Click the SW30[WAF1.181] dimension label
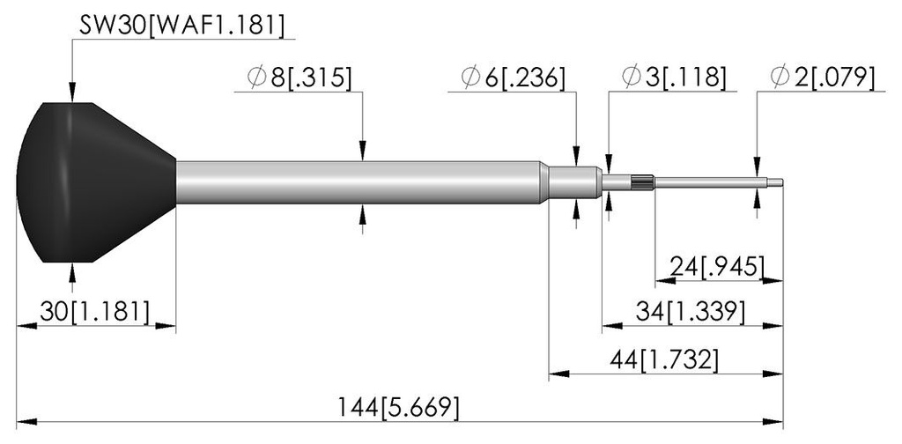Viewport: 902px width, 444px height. [x=181, y=26]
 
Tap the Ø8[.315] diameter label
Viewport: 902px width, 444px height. [x=299, y=78]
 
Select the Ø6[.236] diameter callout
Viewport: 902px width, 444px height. [x=514, y=78]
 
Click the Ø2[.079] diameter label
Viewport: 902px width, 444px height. [x=823, y=78]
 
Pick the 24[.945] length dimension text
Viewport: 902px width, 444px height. [x=717, y=267]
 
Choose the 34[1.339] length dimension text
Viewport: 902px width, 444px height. [x=691, y=312]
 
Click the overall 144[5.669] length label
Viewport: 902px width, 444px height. [x=398, y=409]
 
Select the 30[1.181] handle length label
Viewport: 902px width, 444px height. [x=94, y=312]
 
